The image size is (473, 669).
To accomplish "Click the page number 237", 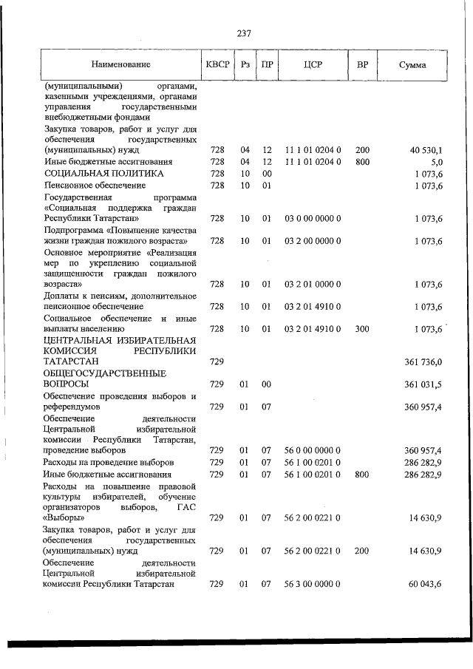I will click(245, 33).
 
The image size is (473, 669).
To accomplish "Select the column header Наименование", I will click(121, 65).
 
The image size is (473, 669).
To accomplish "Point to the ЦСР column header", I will click(313, 65).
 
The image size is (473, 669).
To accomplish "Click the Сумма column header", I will click(412, 65).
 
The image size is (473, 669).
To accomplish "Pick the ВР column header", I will click(362, 65).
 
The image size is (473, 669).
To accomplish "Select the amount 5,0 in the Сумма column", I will click(436, 161).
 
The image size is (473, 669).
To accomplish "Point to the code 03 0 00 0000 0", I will click(313, 219).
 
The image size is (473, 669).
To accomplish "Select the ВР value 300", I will click(362, 328).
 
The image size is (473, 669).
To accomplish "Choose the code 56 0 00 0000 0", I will click(313, 450).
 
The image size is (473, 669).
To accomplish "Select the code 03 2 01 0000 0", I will click(313, 284).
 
